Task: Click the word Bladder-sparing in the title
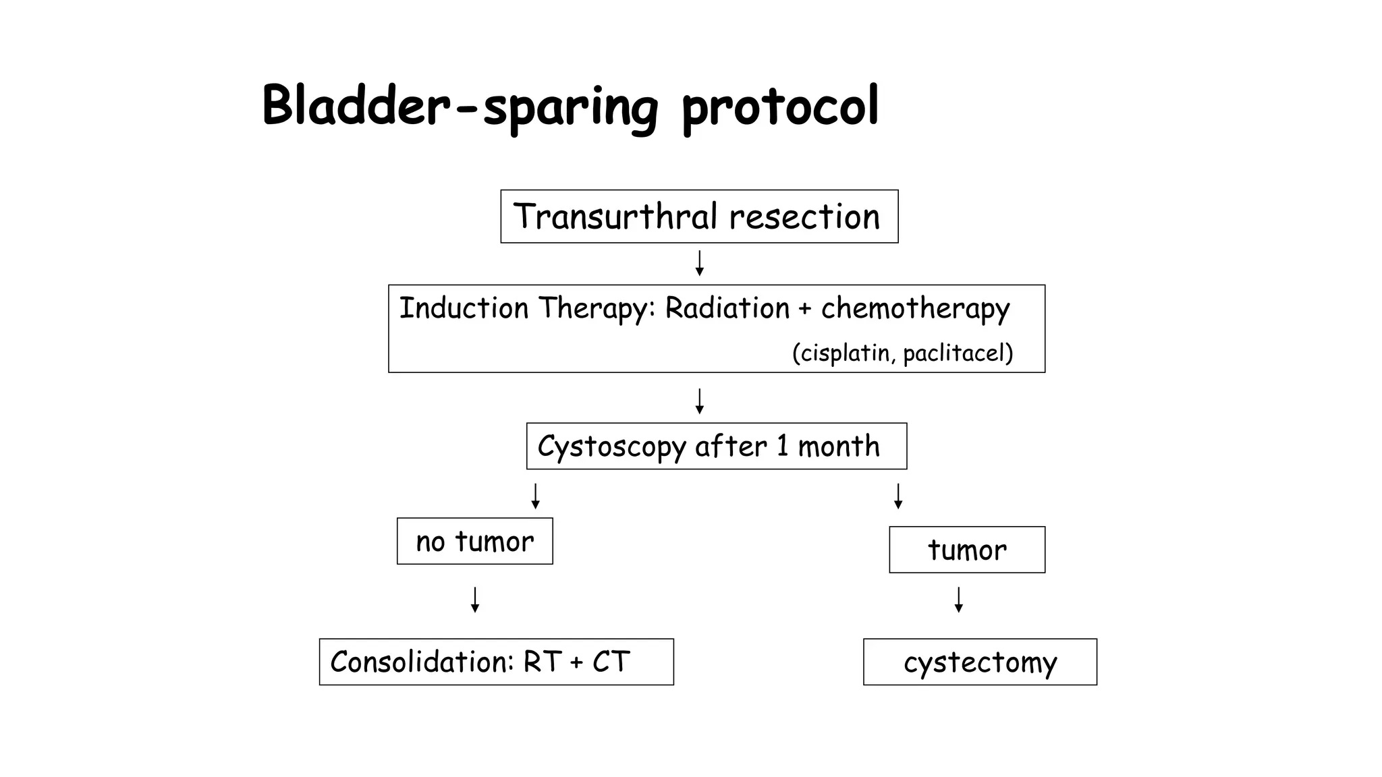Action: click(459, 107)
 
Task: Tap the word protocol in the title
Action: click(780, 107)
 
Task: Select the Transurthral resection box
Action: click(699, 217)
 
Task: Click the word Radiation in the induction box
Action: click(727, 308)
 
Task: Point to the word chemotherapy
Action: click(915, 309)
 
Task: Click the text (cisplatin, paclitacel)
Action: click(902, 353)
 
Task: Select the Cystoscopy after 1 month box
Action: click(716, 447)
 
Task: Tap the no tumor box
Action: click(474, 542)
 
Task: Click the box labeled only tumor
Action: click(967, 550)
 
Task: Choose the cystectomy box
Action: click(980, 662)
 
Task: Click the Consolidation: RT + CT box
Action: click(496, 662)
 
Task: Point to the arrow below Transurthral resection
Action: click(700, 264)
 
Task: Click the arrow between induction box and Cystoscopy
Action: click(700, 401)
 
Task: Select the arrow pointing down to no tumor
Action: click(536, 496)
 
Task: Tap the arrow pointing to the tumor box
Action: click(898, 496)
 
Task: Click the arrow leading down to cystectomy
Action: click(959, 600)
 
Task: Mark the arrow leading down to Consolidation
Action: click(475, 600)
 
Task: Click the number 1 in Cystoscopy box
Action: click(782, 447)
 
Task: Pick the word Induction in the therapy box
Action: click(464, 308)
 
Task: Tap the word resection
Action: click(804, 217)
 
